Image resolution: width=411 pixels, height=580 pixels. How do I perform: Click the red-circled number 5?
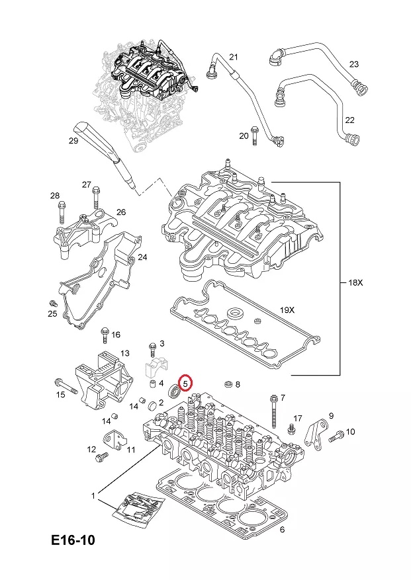pyautogui.click(x=186, y=383)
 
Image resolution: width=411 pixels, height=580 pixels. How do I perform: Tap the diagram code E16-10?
pyautogui.click(x=73, y=540)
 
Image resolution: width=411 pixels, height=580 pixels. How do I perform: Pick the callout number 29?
pyautogui.click(x=73, y=141)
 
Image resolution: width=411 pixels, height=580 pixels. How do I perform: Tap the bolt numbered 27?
pyautogui.click(x=97, y=198)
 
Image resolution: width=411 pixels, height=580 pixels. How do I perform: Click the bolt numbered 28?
pyautogui.click(x=61, y=212)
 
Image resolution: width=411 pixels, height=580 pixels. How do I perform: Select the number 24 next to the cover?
pyautogui.click(x=142, y=257)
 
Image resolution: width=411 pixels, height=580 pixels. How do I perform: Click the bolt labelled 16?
pyautogui.click(x=103, y=335)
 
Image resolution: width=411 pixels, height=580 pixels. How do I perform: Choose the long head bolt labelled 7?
pyautogui.click(x=273, y=410)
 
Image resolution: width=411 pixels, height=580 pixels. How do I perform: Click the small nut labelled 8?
pyautogui.click(x=227, y=384)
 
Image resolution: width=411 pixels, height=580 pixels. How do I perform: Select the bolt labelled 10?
pyautogui.click(x=335, y=435)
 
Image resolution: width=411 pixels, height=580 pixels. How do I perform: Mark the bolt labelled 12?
pyautogui.click(x=101, y=456)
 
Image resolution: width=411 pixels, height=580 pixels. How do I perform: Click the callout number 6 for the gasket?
pyautogui.click(x=282, y=529)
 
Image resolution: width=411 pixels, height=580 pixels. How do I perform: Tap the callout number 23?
pyautogui.click(x=354, y=64)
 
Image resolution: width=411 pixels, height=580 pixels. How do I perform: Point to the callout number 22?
pyautogui.click(x=350, y=120)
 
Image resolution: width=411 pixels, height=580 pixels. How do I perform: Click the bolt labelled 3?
pyautogui.click(x=153, y=347)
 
